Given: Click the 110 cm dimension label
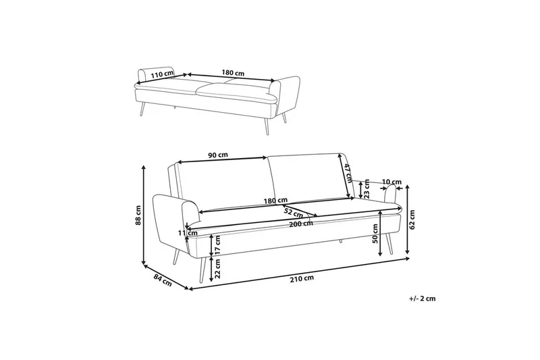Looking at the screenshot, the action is (162, 74).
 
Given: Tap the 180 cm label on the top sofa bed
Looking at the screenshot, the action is (233, 73).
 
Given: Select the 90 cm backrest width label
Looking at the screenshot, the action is (218, 155).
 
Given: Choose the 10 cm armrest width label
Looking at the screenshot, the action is (392, 182).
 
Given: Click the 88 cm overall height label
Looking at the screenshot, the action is (138, 215).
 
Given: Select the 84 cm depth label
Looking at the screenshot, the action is (162, 280).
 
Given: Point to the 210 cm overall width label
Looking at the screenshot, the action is (302, 278).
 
